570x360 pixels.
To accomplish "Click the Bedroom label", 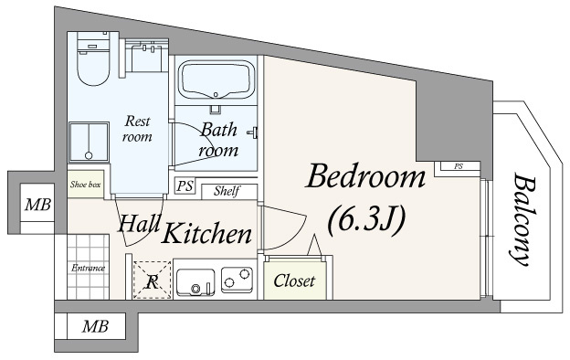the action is tap(365, 176).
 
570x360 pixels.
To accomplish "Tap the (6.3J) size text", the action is tap(366, 218).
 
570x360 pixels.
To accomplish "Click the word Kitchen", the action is tap(206, 233).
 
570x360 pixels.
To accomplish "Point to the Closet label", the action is tap(294, 281).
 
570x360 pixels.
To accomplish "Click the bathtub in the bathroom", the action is tap(216, 80).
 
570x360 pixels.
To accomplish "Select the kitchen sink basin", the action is tap(195, 282).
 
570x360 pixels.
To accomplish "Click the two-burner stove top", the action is tap(237, 280).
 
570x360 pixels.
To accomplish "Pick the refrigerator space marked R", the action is tap(152, 280).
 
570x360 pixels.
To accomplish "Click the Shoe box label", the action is tap(86, 185).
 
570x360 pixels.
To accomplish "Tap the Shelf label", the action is tap(227, 191).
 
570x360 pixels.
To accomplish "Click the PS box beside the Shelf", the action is tap(185, 185).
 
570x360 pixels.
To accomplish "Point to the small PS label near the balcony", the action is tap(459, 166).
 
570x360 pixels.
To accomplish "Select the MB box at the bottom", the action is tap(96, 326).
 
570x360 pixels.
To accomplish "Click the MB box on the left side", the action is tap(37, 205).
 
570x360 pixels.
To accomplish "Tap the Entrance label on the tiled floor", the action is tap(88, 269).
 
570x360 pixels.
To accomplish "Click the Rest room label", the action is tap(137, 129).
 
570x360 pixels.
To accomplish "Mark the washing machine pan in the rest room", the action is tap(90, 142).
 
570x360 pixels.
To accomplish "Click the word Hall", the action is tap(139, 223).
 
